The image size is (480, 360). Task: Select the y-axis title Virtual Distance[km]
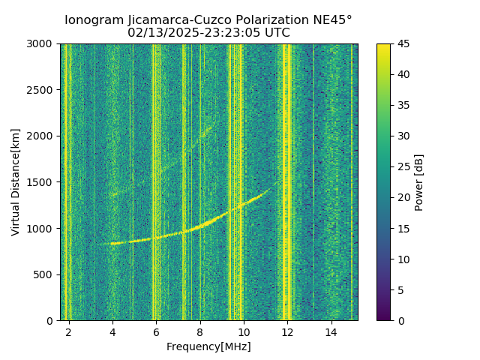click(16, 182)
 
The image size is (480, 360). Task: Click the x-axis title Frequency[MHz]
click(208, 346)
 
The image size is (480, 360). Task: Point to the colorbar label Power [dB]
click(419, 182)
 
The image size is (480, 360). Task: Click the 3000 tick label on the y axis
click(42, 44)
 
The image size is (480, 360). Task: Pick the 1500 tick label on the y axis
click(42, 182)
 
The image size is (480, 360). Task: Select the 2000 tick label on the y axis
click(42, 136)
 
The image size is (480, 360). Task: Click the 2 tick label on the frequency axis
click(69, 331)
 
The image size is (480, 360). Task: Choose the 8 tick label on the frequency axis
click(200, 331)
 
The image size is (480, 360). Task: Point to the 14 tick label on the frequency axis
click(331, 331)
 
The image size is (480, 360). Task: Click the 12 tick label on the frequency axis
click(287, 331)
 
